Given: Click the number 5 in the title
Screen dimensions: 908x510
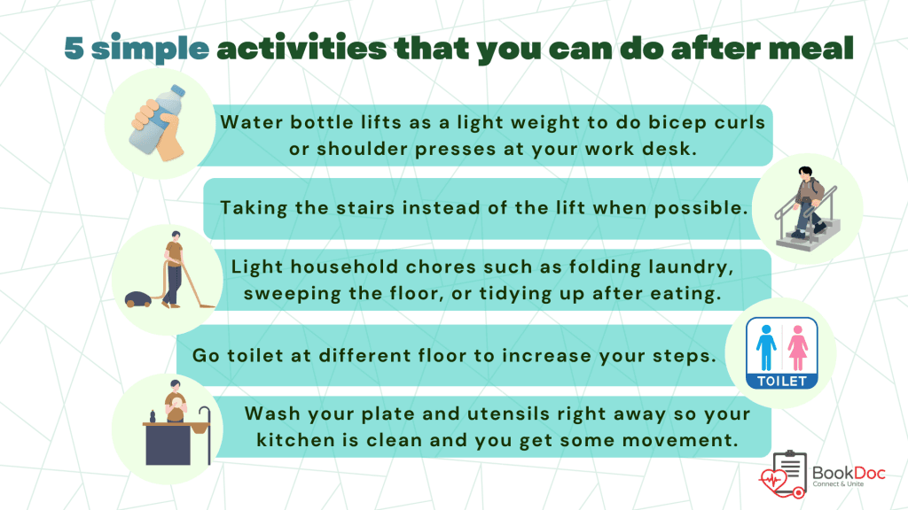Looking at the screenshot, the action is point(74,48).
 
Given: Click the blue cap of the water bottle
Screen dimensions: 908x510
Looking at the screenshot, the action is point(177,90).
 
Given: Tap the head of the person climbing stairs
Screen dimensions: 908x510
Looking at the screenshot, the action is point(805,174).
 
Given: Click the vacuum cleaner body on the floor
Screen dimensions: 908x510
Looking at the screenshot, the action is point(137,299).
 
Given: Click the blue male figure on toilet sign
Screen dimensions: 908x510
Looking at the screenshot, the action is point(766,347).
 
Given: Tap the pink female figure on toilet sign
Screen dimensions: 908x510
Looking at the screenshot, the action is point(797,347).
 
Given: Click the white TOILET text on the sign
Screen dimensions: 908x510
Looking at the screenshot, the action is point(782,381).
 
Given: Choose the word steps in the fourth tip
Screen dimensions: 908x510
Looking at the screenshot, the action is point(685,356).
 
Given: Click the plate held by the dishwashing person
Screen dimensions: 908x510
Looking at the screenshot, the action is point(176,401).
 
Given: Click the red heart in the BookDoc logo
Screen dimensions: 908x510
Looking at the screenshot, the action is point(773,481).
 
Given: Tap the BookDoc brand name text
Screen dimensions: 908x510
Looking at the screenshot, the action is point(849,473).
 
